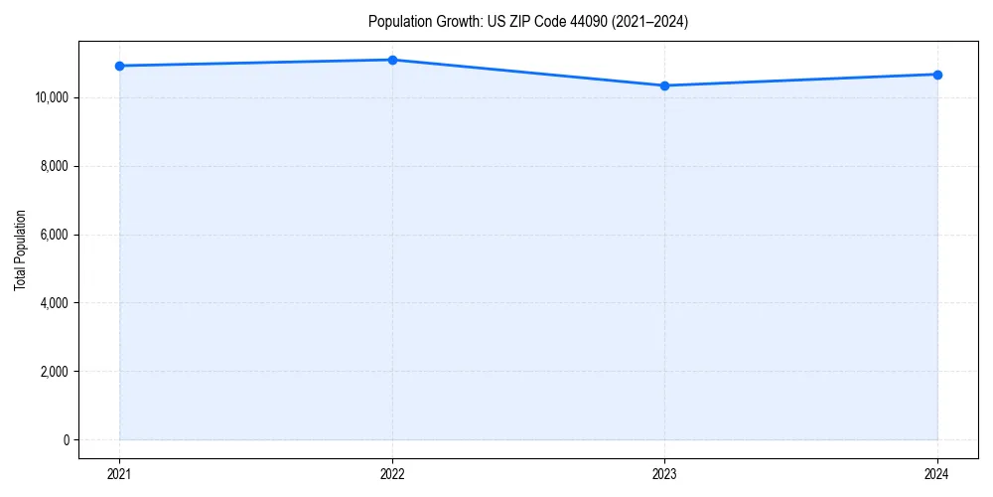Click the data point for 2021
tap(119, 66)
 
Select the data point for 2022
tap(392, 60)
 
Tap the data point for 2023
tap(664, 85)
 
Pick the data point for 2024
tap(937, 75)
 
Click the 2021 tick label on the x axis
tap(119, 473)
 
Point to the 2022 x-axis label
tap(392, 473)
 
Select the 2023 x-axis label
tap(664, 473)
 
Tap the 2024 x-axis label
tap(937, 473)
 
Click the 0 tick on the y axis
tap(65, 440)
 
